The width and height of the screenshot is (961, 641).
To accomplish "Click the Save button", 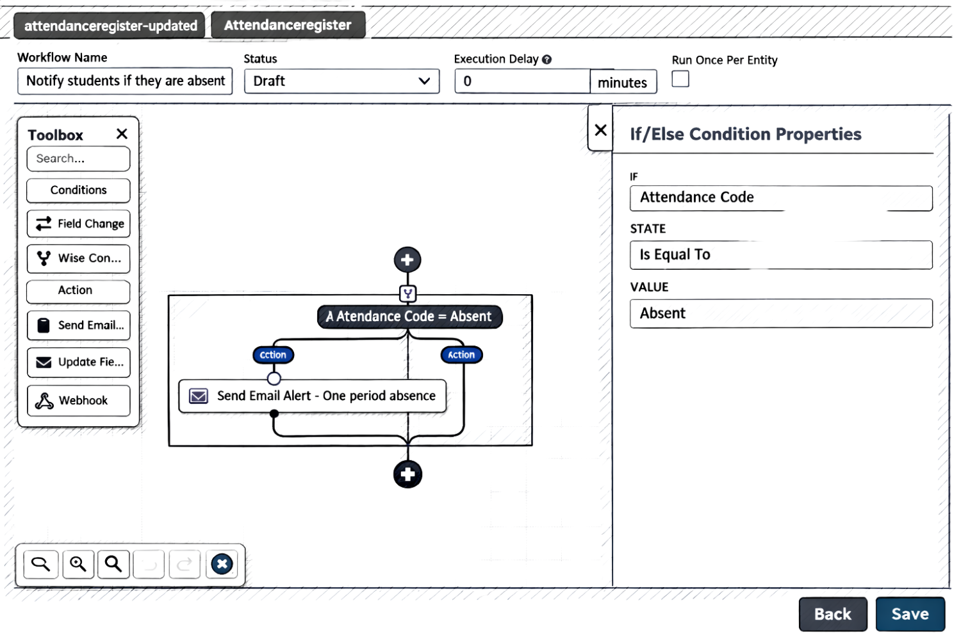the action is point(910,614).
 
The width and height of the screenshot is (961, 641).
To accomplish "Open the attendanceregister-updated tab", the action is point(110,26).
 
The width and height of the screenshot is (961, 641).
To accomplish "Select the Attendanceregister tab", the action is point(288,25).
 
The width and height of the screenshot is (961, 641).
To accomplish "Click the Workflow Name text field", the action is point(125,81).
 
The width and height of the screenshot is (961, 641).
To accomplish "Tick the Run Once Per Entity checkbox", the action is point(680,79).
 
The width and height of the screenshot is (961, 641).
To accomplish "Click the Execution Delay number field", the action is point(522,81).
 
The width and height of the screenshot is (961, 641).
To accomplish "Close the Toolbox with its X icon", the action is point(122,134).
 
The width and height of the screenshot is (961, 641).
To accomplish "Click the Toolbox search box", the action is point(78,158).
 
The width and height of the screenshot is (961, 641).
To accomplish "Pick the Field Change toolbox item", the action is point(79,224).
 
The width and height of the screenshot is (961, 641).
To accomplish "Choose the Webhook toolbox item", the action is point(79,401).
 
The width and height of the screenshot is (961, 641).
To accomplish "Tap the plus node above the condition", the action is point(407,260).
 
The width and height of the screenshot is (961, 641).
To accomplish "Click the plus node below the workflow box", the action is point(407,474).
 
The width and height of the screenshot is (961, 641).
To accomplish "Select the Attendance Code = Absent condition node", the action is point(409,317).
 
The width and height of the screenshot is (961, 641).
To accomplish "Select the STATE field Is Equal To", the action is point(781,254).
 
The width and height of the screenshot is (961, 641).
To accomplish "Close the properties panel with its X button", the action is point(600,130).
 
